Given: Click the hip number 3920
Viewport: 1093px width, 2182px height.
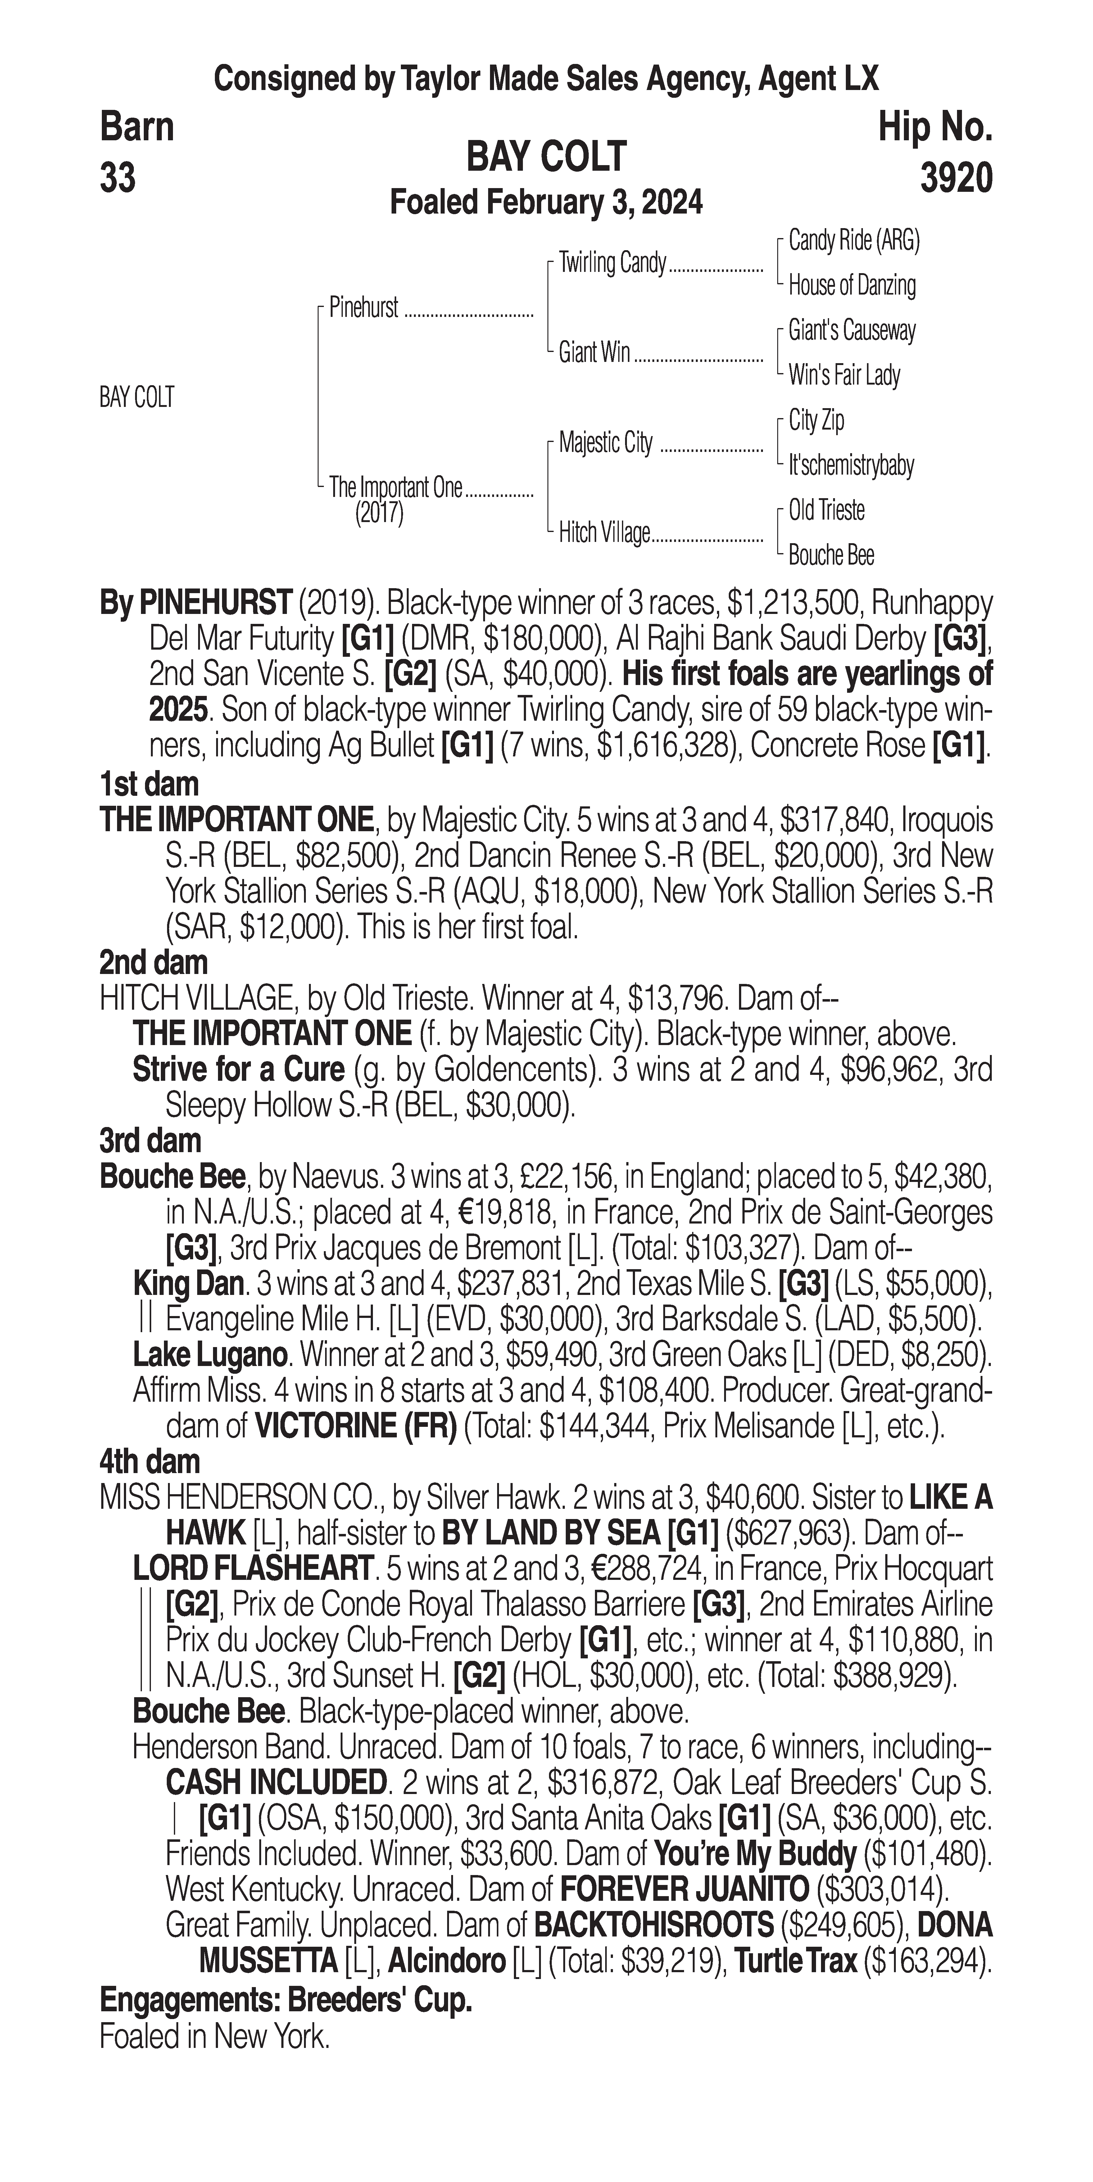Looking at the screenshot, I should pyautogui.click(x=956, y=179).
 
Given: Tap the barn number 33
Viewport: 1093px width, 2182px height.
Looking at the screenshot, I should pyautogui.click(x=118, y=179).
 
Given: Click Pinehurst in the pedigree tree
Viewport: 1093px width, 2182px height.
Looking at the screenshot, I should pyautogui.click(x=364, y=308).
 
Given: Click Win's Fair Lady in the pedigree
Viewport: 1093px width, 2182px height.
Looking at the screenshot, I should pyautogui.click(x=844, y=375).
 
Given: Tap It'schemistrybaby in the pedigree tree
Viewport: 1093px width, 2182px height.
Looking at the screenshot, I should pyautogui.click(x=851, y=465).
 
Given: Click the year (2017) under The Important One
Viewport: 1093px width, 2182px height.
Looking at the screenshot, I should pyautogui.click(x=379, y=513).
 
